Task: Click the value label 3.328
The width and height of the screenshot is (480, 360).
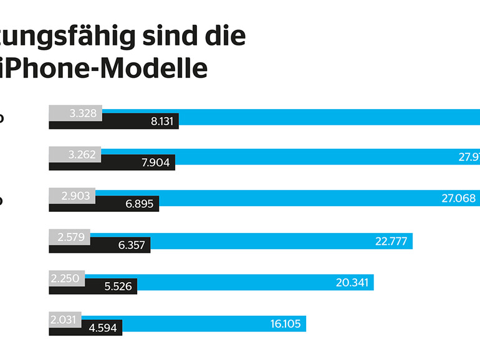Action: tap(82, 113)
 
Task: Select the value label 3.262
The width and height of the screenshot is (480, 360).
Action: tap(82, 154)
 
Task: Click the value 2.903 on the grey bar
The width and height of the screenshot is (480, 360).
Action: tap(76, 196)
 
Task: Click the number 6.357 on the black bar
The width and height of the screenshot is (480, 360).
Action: tap(132, 245)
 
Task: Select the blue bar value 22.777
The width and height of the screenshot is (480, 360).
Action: tap(391, 241)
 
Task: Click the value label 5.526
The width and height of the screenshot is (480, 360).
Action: tap(118, 287)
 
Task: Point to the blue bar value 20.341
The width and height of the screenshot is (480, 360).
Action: tap(352, 282)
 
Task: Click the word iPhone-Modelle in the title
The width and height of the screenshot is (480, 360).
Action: tap(103, 68)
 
